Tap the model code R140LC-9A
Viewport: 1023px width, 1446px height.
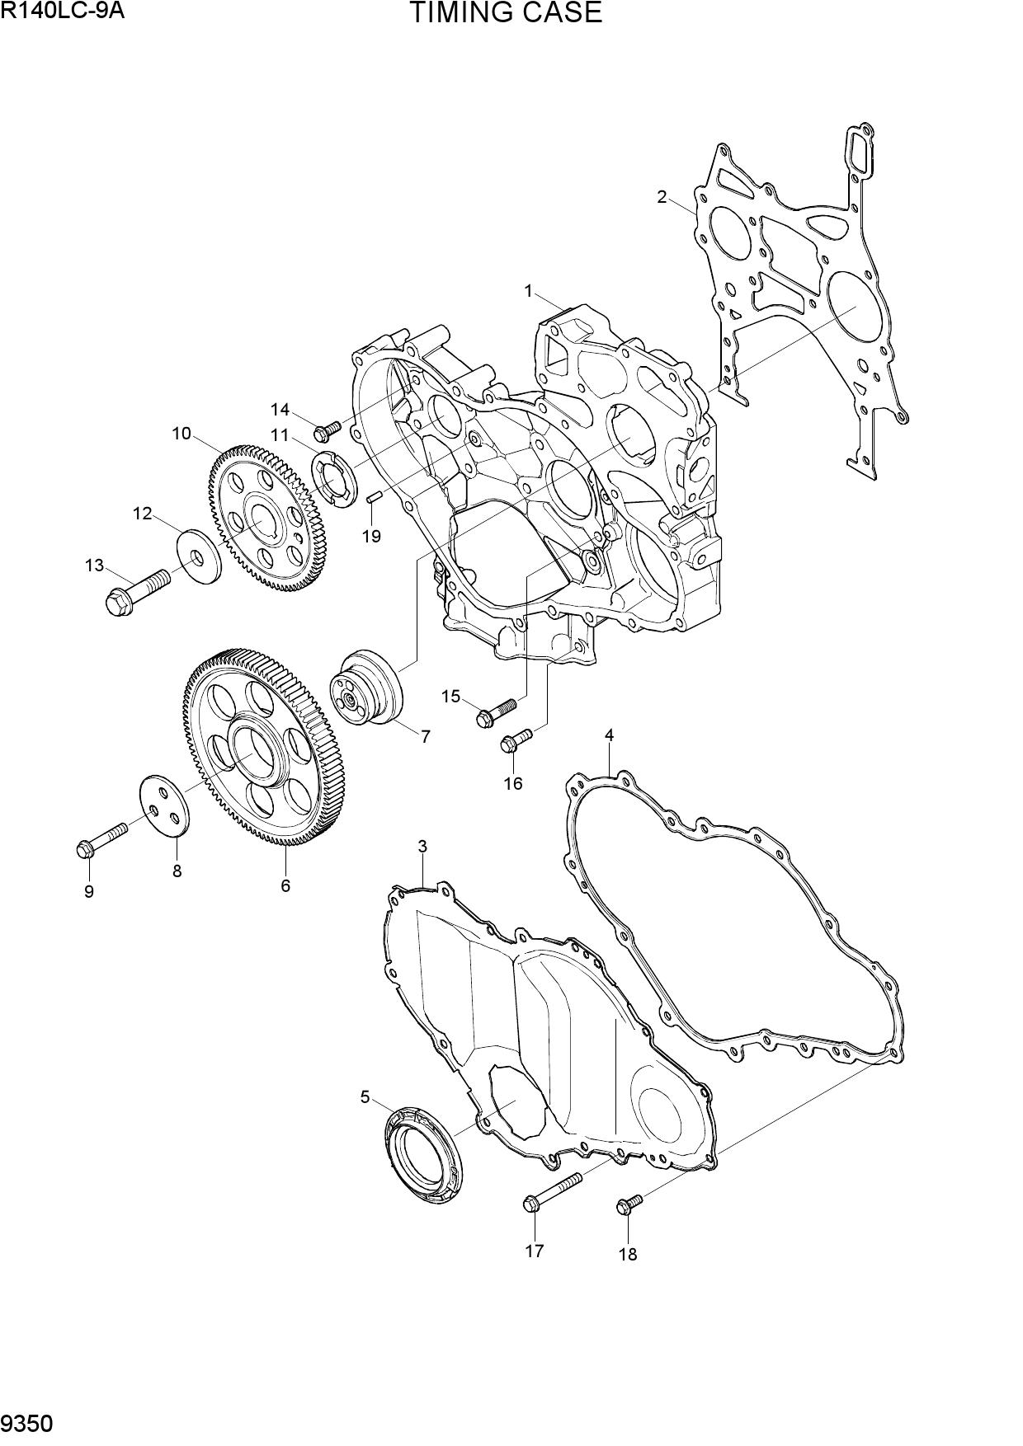tap(57, 11)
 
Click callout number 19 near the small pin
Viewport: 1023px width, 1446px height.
tap(371, 537)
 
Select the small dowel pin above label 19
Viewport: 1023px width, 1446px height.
tap(372, 496)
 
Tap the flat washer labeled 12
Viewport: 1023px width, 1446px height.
tap(200, 557)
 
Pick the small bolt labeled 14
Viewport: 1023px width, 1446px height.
tap(328, 430)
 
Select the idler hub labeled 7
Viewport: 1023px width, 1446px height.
tap(365, 688)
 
